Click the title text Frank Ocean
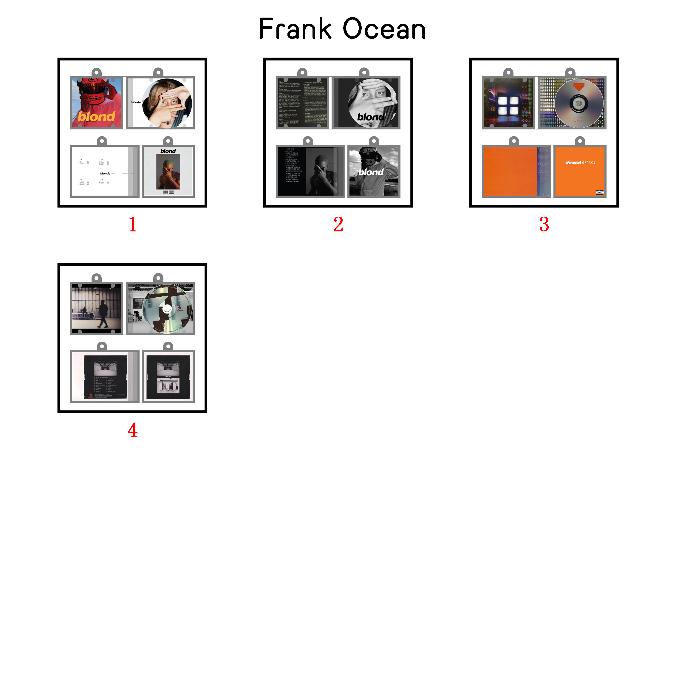[342, 29]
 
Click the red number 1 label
[132, 224]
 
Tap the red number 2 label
[338, 224]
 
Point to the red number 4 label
[132, 430]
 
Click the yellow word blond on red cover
[96, 117]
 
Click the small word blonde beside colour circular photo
[135, 102]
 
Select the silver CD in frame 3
[579, 103]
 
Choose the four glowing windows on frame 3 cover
[508, 105]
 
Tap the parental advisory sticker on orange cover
[599, 192]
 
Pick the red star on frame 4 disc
[180, 307]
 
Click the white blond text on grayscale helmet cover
[371, 172]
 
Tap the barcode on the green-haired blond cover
[165, 192]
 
